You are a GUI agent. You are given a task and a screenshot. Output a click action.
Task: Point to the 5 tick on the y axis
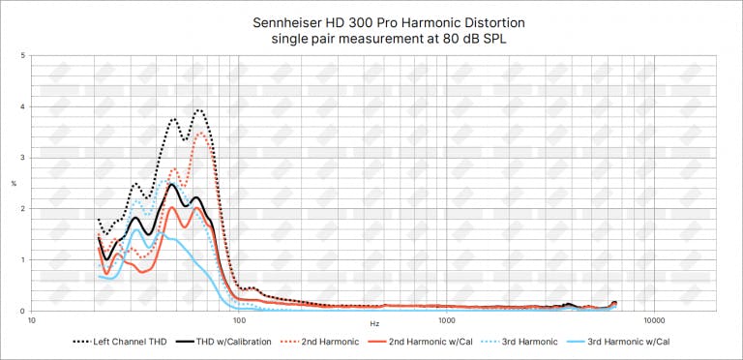pyautogui.click(x=23, y=56)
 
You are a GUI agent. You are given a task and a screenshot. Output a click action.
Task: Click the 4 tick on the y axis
pyautogui.click(x=23, y=107)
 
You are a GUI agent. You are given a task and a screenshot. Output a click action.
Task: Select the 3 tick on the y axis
pyautogui.click(x=23, y=158)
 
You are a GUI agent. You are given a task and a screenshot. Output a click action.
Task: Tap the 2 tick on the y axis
pyautogui.click(x=23, y=209)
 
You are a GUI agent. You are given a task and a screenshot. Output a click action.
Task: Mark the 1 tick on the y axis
pyautogui.click(x=23, y=260)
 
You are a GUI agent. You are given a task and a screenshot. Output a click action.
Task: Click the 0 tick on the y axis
pyautogui.click(x=23, y=311)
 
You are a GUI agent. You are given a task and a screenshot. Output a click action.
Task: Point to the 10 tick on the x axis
pyautogui.click(x=32, y=320)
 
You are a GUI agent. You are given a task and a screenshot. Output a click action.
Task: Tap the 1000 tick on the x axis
pyautogui.click(x=446, y=320)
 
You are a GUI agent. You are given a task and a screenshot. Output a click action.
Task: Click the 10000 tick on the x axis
pyautogui.click(x=653, y=320)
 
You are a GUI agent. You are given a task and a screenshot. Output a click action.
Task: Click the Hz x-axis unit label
pyautogui.click(x=373, y=321)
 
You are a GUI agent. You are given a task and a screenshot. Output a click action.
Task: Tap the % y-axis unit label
pyautogui.click(x=14, y=184)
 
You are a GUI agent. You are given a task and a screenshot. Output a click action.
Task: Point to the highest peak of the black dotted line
pyautogui.click(x=199, y=110)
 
